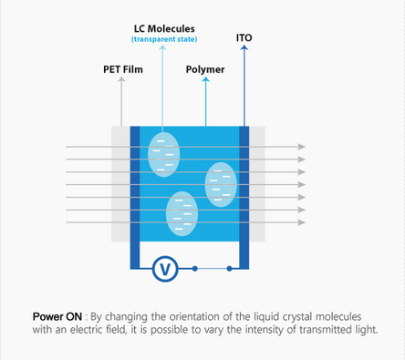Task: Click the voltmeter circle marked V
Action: (x=165, y=268)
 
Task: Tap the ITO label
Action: (x=244, y=39)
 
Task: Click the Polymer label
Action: (x=206, y=68)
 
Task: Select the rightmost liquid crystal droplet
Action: (x=220, y=184)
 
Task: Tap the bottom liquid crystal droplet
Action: (x=182, y=213)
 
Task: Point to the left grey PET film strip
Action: (x=120, y=182)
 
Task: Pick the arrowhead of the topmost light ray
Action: (x=302, y=146)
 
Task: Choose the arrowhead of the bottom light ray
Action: (x=302, y=221)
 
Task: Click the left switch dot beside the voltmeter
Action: (x=195, y=268)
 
